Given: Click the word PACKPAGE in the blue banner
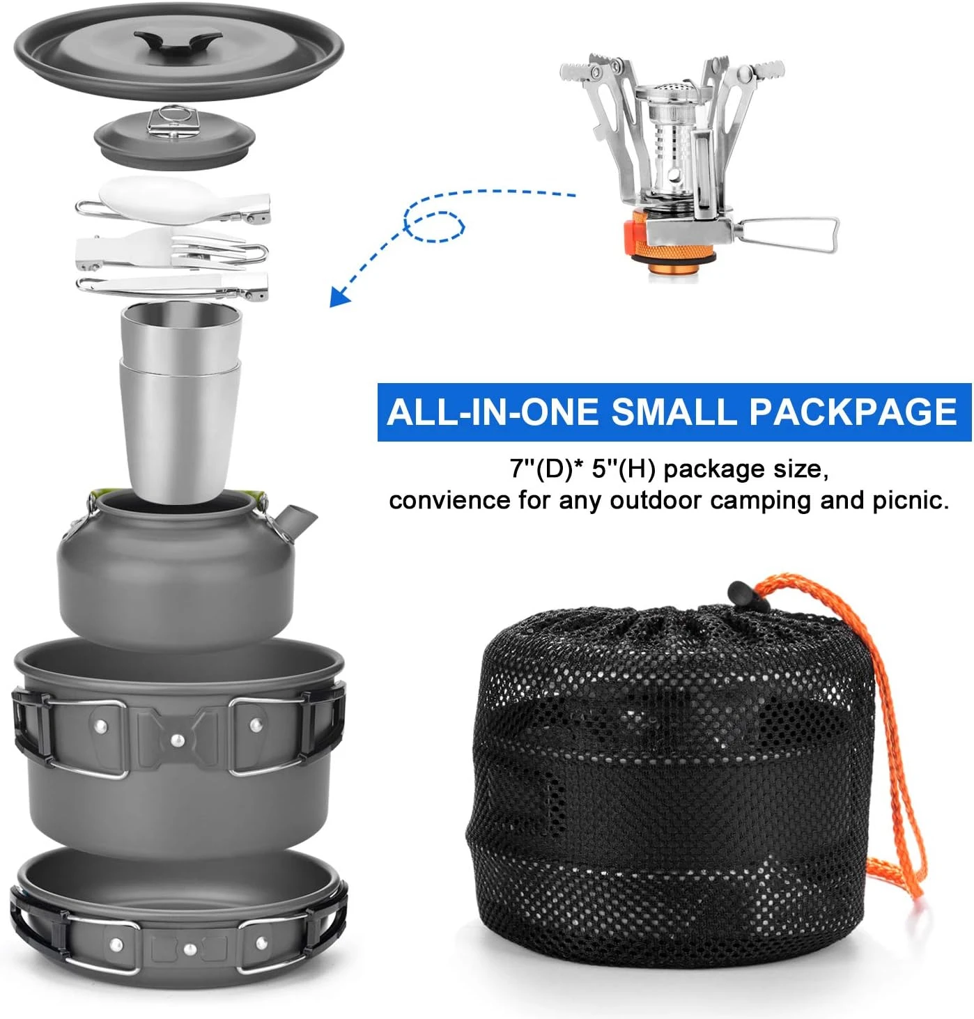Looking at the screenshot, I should (853, 412).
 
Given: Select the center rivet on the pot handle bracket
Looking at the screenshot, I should (178, 741).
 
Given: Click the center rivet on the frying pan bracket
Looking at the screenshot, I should (188, 948).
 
